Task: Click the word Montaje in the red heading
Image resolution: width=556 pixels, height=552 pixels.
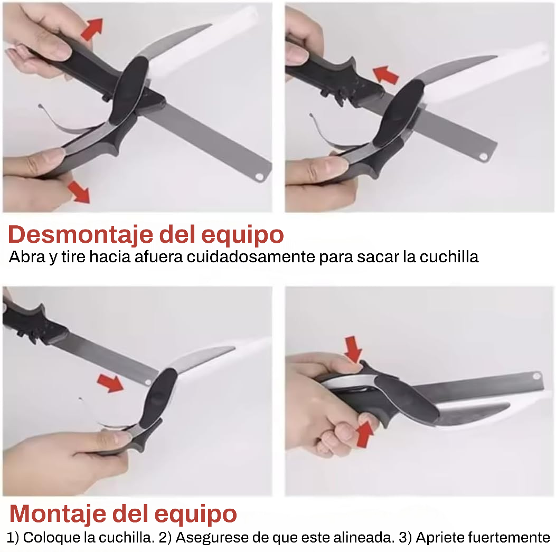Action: tap(58, 513)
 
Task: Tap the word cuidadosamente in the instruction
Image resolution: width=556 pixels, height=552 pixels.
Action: tap(251, 257)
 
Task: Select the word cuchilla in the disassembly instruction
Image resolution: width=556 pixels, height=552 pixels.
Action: tap(449, 257)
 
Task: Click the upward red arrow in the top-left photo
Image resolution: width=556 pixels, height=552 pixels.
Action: tap(92, 29)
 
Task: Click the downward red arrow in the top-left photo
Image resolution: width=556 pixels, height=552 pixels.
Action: tap(79, 192)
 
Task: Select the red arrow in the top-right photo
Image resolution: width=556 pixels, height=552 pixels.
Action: tap(386, 75)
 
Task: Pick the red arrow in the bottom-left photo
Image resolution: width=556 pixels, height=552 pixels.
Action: tap(110, 383)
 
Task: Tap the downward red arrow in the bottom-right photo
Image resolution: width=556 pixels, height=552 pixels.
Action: tap(353, 349)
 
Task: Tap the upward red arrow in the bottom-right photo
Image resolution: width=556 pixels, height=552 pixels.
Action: tap(365, 434)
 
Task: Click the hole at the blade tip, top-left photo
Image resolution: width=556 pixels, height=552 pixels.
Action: tap(260, 176)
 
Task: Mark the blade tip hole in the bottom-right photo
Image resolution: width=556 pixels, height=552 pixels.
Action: tap(536, 376)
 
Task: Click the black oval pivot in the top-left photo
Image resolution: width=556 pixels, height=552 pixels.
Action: tap(129, 90)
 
